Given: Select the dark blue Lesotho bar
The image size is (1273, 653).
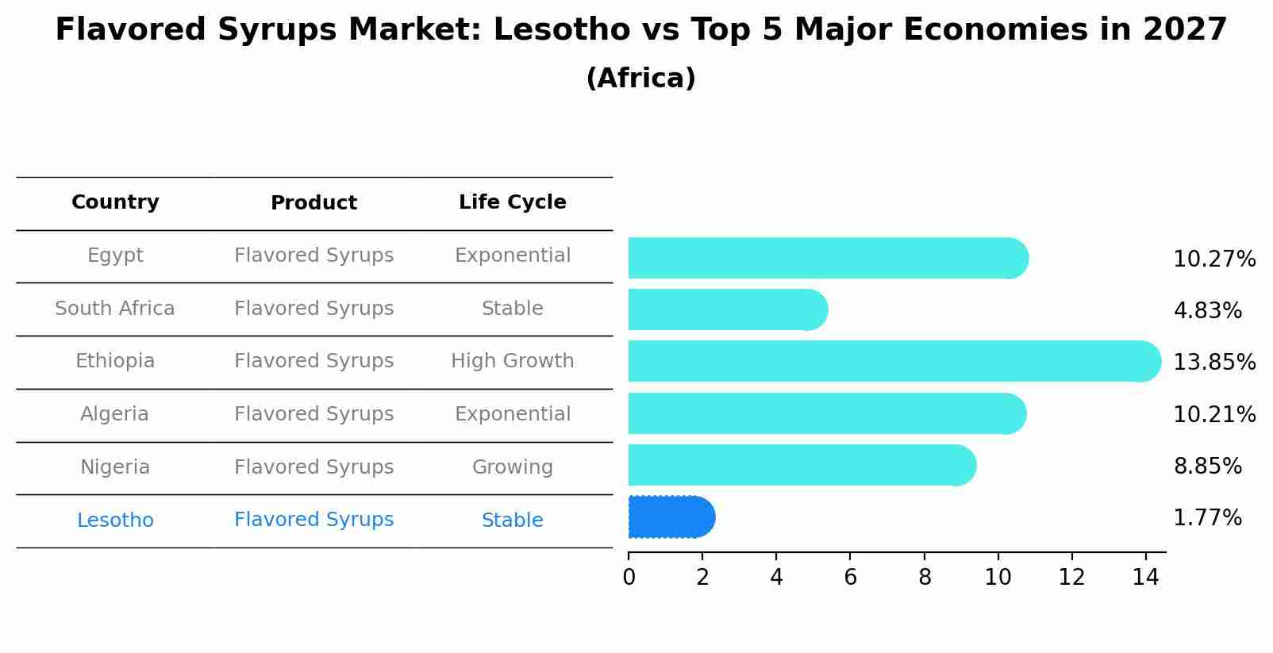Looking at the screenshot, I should click(671, 517).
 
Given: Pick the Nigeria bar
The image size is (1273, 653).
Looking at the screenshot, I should click(802, 465).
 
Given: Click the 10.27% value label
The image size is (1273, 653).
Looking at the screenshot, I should click(1213, 259).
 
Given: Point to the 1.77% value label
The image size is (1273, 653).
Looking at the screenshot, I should click(1207, 518).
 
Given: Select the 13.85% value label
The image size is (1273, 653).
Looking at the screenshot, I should click(1213, 363).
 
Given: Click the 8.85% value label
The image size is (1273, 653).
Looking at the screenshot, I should click(1207, 467).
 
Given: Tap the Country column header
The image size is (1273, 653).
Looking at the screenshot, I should click(115, 202).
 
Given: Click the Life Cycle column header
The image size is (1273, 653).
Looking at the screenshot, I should click(512, 202).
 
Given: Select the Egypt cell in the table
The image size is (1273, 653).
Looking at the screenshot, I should click(115, 255).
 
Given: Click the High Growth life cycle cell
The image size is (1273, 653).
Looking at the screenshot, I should click(512, 361).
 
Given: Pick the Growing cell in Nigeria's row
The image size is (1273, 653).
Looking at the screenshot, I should click(512, 467).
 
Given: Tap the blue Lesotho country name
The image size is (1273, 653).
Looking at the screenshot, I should click(115, 520).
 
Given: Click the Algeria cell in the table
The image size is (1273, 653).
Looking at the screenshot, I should click(115, 414).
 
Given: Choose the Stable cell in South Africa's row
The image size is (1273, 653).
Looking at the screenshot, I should click(512, 309).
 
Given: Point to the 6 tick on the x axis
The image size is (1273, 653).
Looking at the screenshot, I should click(850, 577).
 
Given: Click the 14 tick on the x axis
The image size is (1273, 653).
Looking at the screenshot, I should click(1145, 577).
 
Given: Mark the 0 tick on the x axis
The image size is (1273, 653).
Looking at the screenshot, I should click(629, 577).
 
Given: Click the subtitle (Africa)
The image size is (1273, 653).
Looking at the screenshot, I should click(640, 79).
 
